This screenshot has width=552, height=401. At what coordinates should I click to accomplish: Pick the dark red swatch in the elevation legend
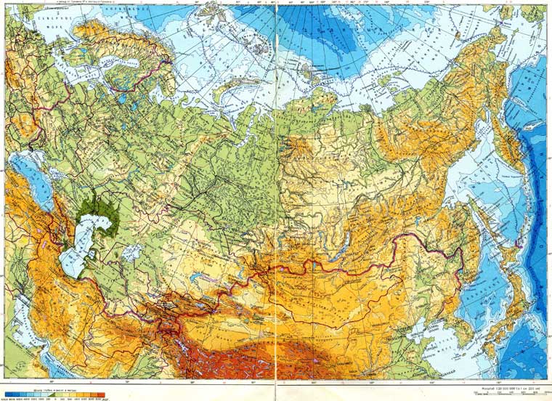click(102, 394)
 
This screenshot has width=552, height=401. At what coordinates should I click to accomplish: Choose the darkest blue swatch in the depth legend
click(7, 394)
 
